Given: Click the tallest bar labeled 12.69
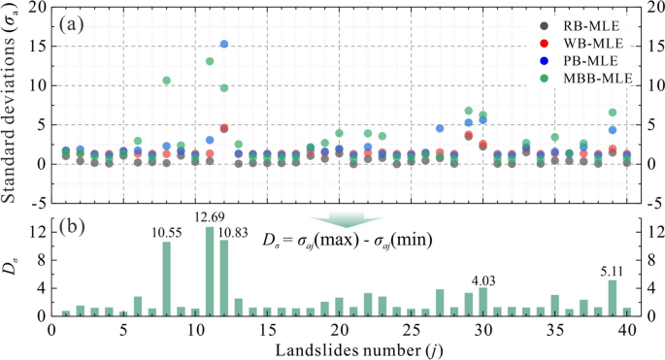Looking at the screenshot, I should point(210,272).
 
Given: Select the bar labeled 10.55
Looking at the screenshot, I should point(166,279).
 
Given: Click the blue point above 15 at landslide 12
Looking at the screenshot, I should point(224,44).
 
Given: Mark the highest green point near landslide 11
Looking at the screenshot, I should point(210,61).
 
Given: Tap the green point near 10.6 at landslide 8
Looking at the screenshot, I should point(166,81).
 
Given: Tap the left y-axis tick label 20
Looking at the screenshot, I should point(36,8).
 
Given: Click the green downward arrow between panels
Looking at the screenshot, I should point(347,219).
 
